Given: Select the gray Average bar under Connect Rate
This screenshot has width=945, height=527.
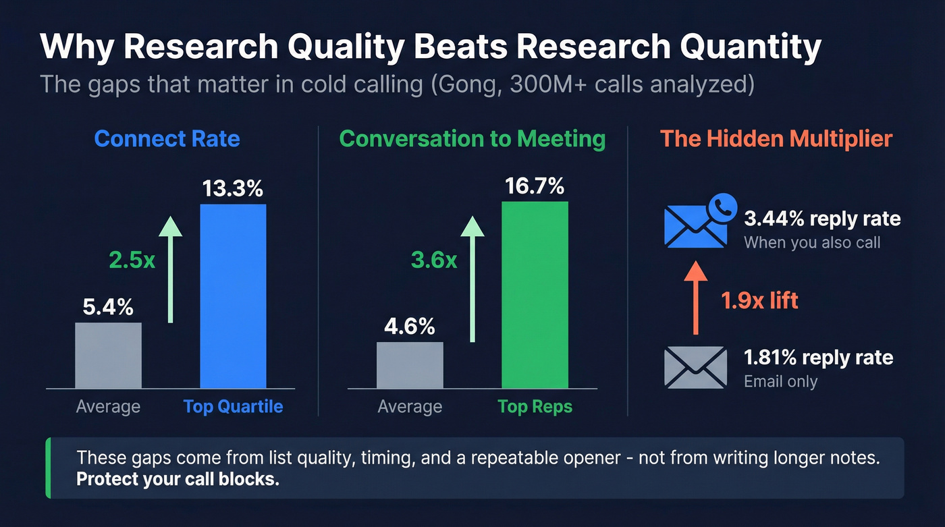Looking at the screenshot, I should point(108,356).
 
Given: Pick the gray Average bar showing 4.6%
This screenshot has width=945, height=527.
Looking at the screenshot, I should point(410,365).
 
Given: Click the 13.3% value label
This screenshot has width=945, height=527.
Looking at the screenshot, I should point(233,189).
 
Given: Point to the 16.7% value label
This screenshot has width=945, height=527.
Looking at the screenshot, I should point(535,186).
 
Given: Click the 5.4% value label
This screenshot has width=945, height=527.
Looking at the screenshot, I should point(108,308).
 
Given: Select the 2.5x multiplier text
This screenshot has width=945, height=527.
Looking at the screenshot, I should point(132,260).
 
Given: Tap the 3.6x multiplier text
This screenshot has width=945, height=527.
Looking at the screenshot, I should point(433,260).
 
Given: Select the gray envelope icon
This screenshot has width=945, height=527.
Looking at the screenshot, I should point(695,367).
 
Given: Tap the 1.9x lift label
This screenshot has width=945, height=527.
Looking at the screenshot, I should point(759,300).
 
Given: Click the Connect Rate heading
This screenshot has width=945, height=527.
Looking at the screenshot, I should point(167,139).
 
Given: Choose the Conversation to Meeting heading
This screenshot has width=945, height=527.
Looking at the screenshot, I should point(472,139).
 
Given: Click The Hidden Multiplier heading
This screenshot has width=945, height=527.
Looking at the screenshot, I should point(776,139).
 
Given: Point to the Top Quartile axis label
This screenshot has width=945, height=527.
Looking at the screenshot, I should point(233,406).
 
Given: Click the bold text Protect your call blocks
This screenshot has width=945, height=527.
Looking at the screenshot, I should point(178,480).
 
